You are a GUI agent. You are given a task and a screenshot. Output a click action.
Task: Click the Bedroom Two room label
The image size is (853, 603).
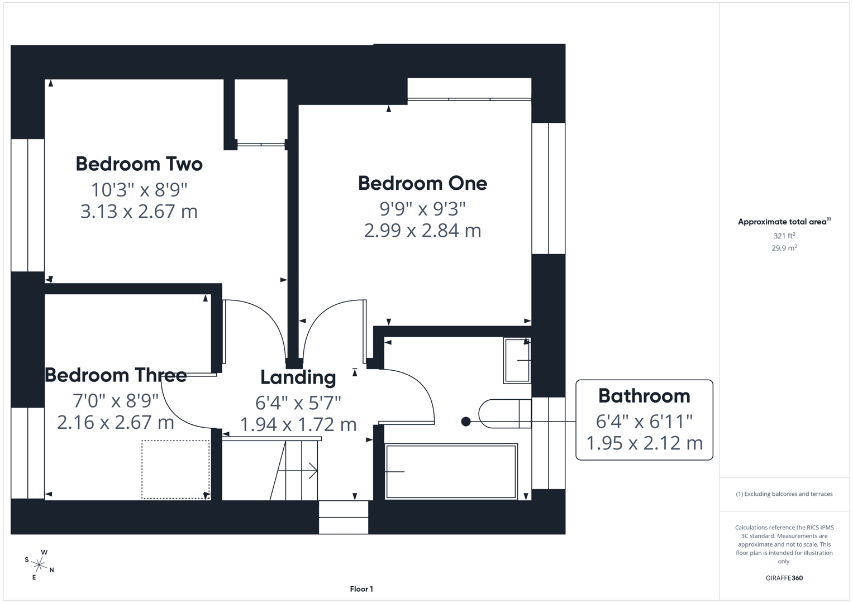point(139,164)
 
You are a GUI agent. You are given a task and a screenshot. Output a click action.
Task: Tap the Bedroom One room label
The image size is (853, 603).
point(422,183)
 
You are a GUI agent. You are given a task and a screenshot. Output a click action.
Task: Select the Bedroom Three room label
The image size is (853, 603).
point(116,375)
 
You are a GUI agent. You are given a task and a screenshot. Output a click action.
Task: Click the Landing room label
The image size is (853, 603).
point(298,377)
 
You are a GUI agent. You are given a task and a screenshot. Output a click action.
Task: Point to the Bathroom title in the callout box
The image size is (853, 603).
point(644,396)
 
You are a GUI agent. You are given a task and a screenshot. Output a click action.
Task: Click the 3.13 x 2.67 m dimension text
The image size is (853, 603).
point(139,212)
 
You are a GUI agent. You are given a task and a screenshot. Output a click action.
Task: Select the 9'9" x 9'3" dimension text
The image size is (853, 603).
point(422,208)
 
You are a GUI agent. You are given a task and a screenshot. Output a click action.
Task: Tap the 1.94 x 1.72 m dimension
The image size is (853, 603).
point(298,424)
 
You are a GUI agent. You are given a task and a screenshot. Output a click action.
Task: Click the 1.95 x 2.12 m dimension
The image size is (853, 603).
point(644,443)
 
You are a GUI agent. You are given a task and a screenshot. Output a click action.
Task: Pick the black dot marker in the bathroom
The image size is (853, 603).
point(466,422)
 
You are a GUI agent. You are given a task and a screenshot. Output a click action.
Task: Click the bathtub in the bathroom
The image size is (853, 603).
point(451,471)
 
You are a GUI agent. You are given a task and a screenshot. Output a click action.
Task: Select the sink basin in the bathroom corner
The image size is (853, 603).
point(517,360)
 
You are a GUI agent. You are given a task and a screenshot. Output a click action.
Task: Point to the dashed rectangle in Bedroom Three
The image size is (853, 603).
point(175,469)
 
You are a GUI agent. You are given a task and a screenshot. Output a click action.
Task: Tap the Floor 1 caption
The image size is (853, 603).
point(361,589)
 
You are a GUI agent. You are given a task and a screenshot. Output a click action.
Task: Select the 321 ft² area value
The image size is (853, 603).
point(784,236)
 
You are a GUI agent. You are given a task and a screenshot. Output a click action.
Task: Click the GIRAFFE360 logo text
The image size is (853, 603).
point(784,578)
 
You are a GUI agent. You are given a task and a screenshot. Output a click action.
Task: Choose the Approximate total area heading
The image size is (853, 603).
point(783,222)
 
